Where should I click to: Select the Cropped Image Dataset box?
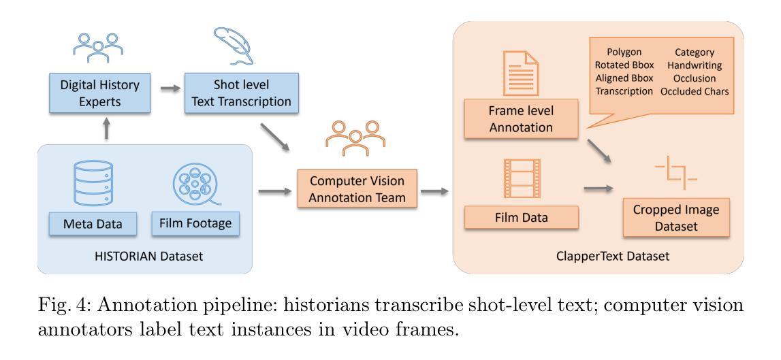coord(675,218)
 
